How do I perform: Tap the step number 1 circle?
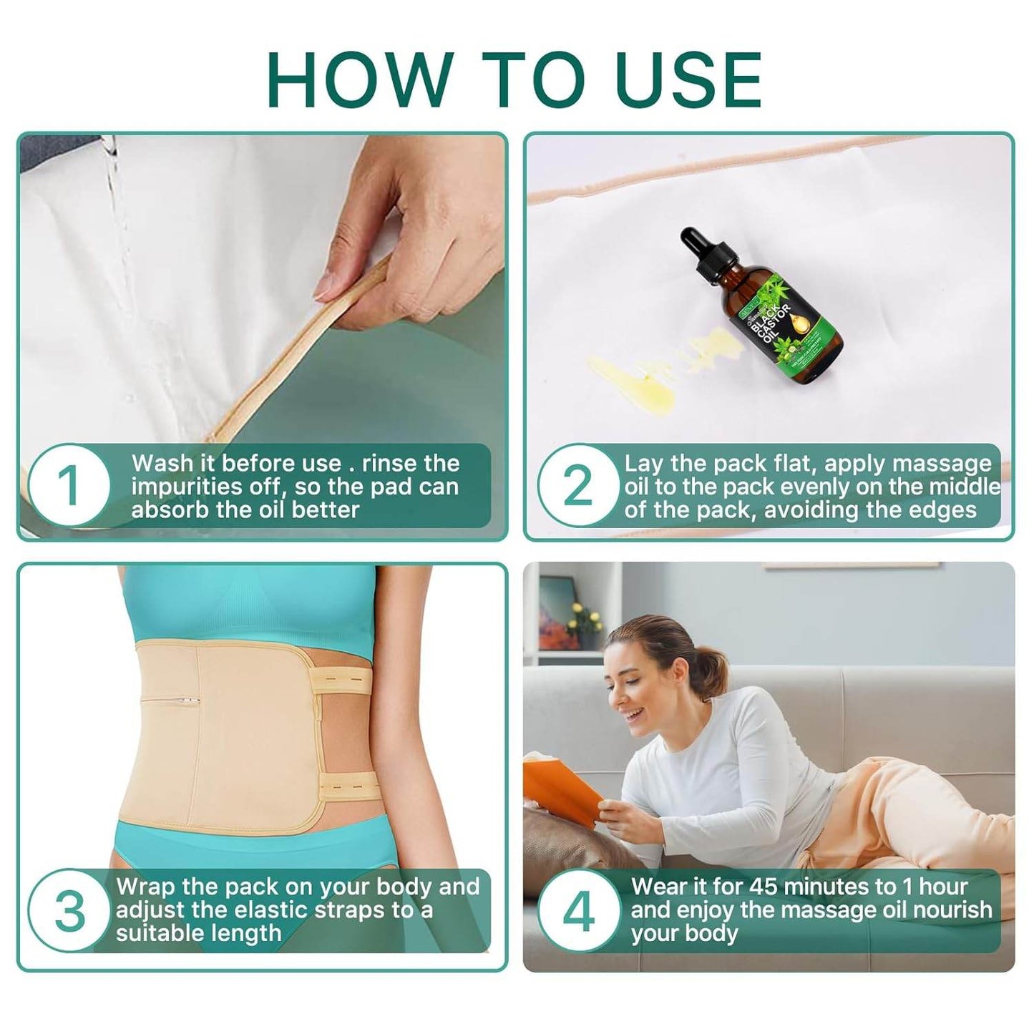(x=70, y=487)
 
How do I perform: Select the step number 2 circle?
(x=578, y=487)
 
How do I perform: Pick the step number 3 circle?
(x=70, y=910)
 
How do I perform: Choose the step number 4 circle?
(x=578, y=910)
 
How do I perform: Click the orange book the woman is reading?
(x=565, y=787)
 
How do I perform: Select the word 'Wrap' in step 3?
(x=146, y=887)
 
